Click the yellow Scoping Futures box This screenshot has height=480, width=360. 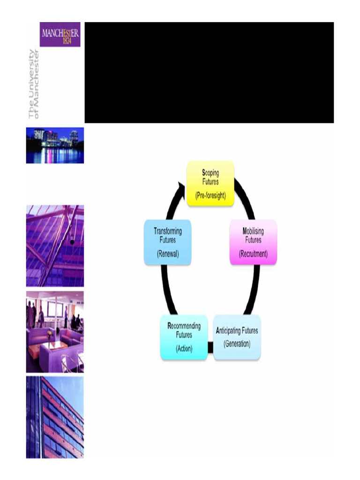click(x=210, y=183)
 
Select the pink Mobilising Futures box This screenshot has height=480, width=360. click(x=253, y=242)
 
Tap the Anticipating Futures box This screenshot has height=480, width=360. click(x=237, y=337)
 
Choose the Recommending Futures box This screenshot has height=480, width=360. click(x=184, y=337)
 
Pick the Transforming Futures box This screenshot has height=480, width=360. click(x=167, y=242)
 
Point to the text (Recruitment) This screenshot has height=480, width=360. click(x=253, y=254)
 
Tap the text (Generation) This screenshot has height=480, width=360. click(x=237, y=344)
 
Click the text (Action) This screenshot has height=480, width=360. click(x=184, y=349)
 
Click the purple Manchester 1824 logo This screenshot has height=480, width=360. click(x=60, y=34)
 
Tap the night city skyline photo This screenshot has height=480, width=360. click(x=55, y=145)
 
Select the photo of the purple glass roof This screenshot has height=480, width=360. click(x=55, y=246)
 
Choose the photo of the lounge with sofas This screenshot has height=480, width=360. click(x=55, y=332)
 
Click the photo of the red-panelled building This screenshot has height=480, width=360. click(x=55, y=417)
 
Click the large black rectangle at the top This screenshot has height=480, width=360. click(x=209, y=73)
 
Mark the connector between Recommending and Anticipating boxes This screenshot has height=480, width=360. click(x=210, y=347)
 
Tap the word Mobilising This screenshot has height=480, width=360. click(x=253, y=231)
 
